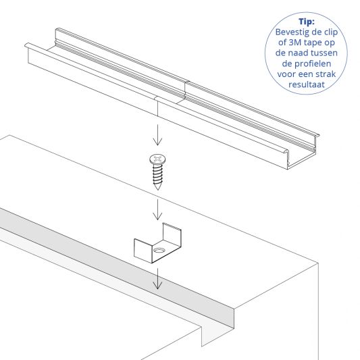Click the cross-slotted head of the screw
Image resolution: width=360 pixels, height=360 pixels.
[x=157, y=161]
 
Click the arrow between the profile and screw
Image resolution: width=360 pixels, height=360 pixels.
[x=157, y=135]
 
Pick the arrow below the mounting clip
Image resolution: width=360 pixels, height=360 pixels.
[x=157, y=278]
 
